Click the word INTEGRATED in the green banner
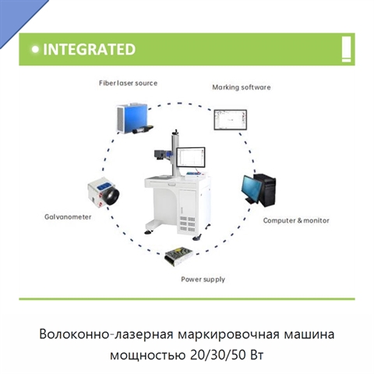[89, 49]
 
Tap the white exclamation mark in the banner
[346, 49]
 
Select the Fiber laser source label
[128, 83]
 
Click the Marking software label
[242, 87]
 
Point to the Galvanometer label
[68, 217]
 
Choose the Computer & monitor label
[296, 221]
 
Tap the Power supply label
[203, 280]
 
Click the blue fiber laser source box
[132, 118]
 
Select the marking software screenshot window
[230, 120]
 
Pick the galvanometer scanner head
[104, 193]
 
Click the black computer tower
[266, 190]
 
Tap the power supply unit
[178, 256]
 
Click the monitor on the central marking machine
[191, 157]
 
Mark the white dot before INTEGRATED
[35, 49]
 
